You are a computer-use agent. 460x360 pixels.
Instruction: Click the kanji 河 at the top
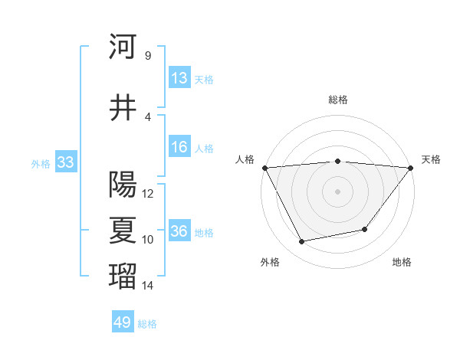[123, 47]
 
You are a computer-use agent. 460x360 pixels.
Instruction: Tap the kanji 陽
[123, 185]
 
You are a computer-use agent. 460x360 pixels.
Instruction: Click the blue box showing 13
[179, 77]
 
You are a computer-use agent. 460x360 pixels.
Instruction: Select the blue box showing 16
[179, 147]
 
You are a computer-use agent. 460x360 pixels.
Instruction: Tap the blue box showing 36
[179, 231]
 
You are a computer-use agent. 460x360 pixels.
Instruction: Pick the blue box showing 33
[65, 162]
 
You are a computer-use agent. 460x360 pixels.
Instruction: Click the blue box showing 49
[123, 322]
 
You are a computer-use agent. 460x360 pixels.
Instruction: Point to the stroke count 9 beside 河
[147, 56]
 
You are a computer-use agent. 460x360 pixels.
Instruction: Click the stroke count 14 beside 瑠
[148, 286]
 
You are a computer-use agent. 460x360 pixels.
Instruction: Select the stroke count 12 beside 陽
[148, 194]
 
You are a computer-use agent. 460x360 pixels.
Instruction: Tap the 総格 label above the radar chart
[337, 100]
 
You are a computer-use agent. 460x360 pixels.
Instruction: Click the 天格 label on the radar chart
[431, 159]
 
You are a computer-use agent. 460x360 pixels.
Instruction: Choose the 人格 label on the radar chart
[245, 159]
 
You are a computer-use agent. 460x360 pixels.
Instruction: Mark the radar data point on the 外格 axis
[302, 242]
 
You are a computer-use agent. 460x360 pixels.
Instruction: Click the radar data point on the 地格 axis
[365, 229]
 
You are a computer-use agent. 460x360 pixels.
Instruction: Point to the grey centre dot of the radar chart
[337, 191]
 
